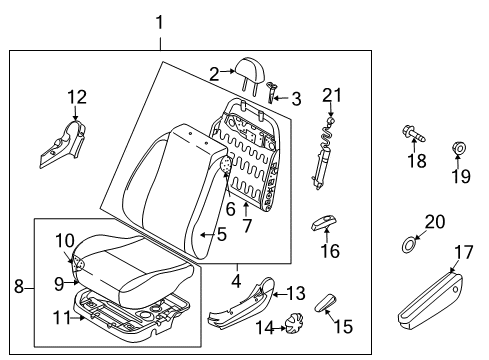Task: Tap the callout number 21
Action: pos(331,95)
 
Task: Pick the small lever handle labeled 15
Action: pos(326,301)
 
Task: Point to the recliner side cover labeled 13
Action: pos(240,305)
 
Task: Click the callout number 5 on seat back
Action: pos(222,236)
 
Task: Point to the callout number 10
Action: pos(64,240)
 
